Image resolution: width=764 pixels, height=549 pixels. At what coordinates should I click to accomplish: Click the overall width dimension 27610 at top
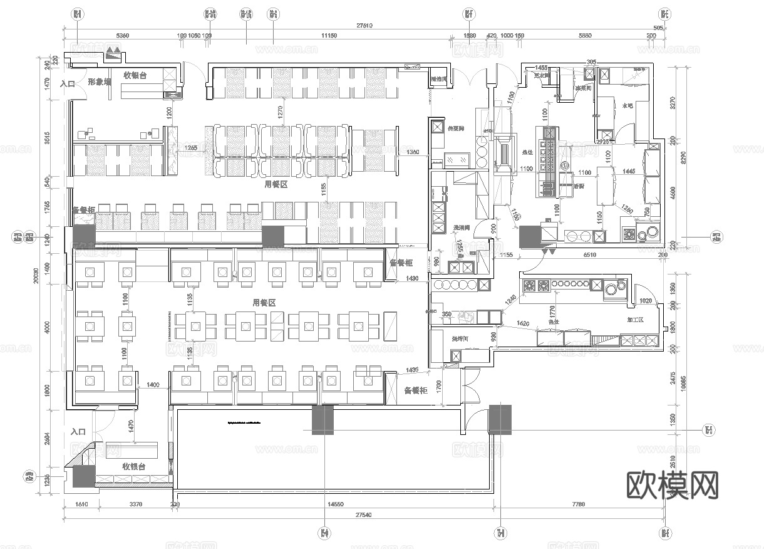click(x=364, y=26)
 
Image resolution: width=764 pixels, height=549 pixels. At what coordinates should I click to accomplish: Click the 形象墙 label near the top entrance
click(x=99, y=82)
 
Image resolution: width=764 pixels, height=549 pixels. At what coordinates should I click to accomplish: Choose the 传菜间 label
click(x=456, y=128)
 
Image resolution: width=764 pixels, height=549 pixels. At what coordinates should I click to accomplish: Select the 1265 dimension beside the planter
click(x=191, y=149)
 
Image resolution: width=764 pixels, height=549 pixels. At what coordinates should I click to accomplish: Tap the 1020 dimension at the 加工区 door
click(x=645, y=301)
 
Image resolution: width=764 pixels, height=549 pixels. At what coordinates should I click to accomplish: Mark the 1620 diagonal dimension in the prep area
click(x=524, y=324)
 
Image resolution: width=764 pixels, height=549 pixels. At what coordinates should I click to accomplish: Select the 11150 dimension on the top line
click(x=329, y=36)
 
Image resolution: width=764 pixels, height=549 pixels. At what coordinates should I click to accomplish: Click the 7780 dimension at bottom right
click(x=578, y=505)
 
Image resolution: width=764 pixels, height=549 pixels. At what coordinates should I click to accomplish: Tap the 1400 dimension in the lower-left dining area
click(x=153, y=384)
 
